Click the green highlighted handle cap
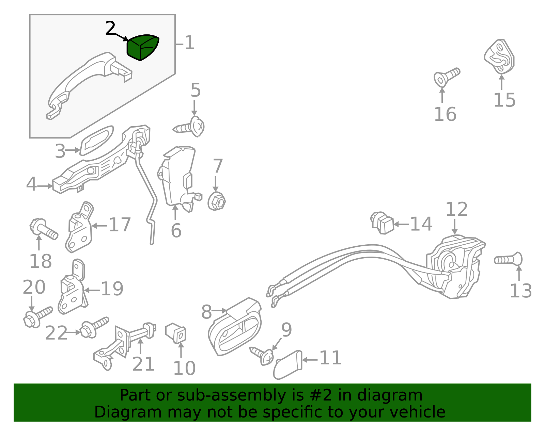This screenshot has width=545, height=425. (x=142, y=47)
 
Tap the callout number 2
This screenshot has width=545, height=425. (x=110, y=28)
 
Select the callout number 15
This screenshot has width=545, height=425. (x=504, y=100)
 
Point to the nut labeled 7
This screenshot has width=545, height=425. (x=217, y=201)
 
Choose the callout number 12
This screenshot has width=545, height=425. (x=456, y=209)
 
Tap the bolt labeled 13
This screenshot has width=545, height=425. (x=508, y=260)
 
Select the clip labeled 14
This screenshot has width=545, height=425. (x=382, y=223)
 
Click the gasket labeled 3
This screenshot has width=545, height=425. (x=97, y=141)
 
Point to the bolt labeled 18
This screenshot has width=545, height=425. (x=44, y=229)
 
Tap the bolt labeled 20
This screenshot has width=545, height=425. (x=37, y=317)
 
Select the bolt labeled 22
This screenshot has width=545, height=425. (x=94, y=327)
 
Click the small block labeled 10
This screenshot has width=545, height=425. (x=175, y=333)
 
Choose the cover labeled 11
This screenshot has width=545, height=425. (x=287, y=364)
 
